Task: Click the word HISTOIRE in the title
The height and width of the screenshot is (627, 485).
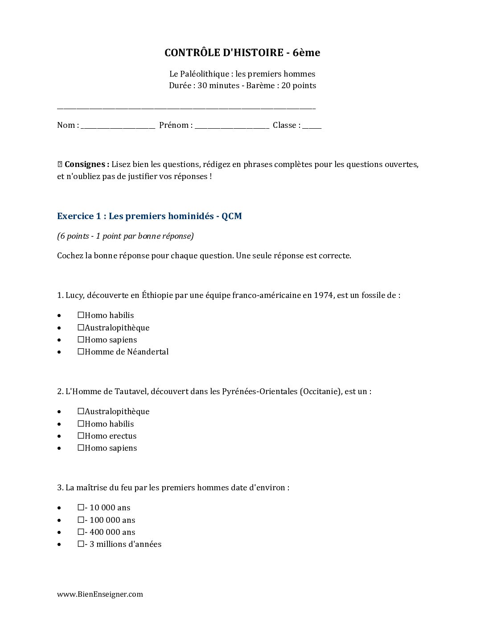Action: [x=258, y=53]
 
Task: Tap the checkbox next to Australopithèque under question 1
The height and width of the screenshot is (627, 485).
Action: [x=81, y=327]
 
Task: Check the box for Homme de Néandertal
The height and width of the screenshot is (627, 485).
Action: [x=81, y=351]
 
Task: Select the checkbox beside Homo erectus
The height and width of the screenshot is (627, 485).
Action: [x=81, y=436]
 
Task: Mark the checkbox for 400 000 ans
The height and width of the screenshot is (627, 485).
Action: [x=81, y=532]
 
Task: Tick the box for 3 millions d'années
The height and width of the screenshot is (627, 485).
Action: [x=81, y=544]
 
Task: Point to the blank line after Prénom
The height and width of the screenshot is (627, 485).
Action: [x=232, y=126]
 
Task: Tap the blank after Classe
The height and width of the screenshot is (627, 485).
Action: [x=312, y=126]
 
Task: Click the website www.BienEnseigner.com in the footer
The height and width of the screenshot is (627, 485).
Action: [x=100, y=594]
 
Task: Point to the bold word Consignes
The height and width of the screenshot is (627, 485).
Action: [x=86, y=164]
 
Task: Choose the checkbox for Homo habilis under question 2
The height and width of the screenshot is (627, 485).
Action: [x=81, y=423]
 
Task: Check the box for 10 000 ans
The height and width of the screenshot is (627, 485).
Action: [x=81, y=507]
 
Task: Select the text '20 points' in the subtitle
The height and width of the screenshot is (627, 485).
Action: [x=298, y=85]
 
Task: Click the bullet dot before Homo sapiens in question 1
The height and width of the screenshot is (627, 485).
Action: [x=59, y=340]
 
